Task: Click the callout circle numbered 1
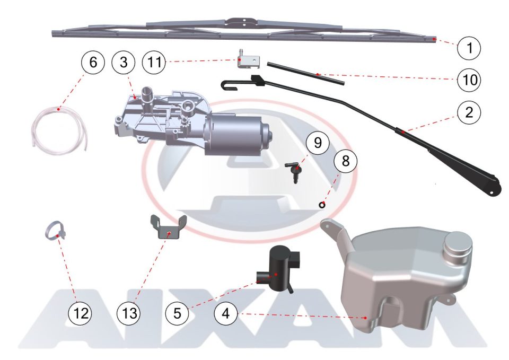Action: tap(469, 48)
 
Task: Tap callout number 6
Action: tap(93, 62)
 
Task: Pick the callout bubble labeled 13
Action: tap(129, 313)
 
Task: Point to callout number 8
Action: tap(345, 160)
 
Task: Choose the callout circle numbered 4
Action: tap(226, 313)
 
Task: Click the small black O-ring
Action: tap(322, 205)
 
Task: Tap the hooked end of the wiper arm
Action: tap(227, 85)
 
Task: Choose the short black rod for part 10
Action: tap(305, 74)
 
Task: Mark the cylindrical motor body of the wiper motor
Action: tap(237, 134)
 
